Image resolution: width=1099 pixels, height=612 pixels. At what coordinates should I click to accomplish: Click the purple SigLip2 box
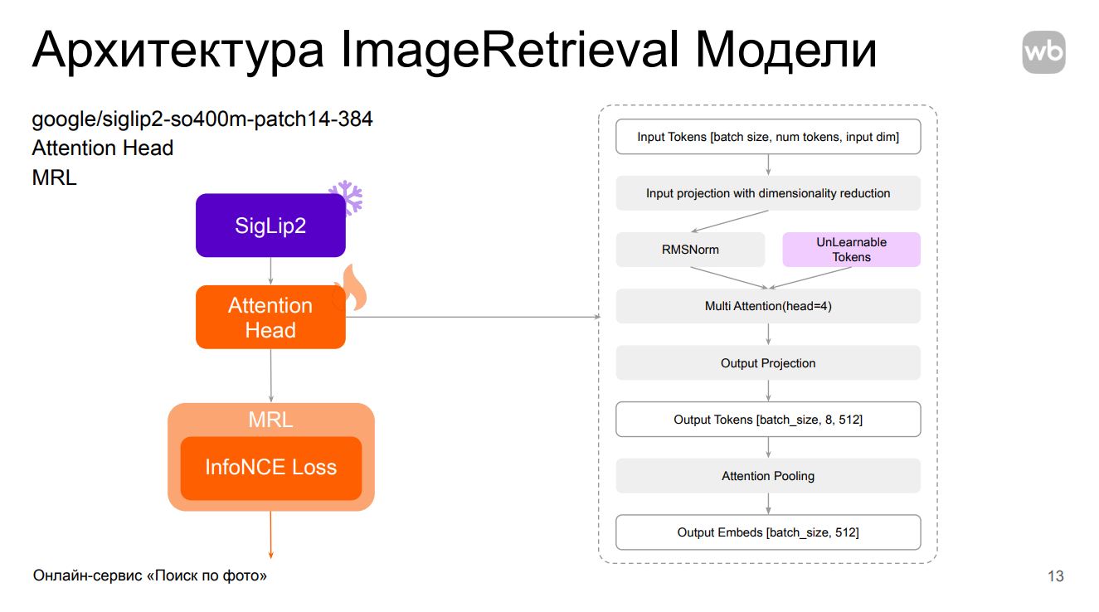coord(270,225)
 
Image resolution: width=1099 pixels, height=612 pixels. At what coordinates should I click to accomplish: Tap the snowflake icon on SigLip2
coord(346,197)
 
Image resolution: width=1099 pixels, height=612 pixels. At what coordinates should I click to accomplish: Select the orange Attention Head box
coord(270,318)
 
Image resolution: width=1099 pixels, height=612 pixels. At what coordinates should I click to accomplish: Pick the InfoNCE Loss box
coord(271,468)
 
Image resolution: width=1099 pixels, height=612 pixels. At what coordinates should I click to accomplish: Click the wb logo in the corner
coord(1043,52)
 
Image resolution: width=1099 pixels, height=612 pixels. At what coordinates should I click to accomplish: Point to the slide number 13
coord(1055,576)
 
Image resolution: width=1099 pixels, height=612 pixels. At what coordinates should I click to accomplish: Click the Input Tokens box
coord(768,137)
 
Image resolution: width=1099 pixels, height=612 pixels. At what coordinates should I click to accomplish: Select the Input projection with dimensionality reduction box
coord(768,193)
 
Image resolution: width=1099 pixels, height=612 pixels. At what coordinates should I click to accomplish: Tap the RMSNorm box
coord(690,250)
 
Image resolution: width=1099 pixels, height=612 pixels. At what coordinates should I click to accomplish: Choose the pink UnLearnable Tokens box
coord(851,250)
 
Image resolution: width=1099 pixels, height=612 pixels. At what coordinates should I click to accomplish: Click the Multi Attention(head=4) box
coord(768,306)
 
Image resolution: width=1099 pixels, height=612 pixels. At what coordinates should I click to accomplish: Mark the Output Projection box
coord(768,363)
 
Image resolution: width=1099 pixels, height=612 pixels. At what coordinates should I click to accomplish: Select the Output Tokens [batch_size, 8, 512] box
coord(768,420)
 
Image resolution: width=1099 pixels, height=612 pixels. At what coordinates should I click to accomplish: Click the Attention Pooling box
coord(768,476)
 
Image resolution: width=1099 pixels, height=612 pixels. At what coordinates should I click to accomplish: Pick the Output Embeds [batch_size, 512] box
coord(768,532)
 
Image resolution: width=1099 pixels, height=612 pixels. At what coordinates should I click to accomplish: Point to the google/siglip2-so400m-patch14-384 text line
coord(202,119)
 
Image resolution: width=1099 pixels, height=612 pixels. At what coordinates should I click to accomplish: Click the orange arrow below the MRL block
coord(271,535)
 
